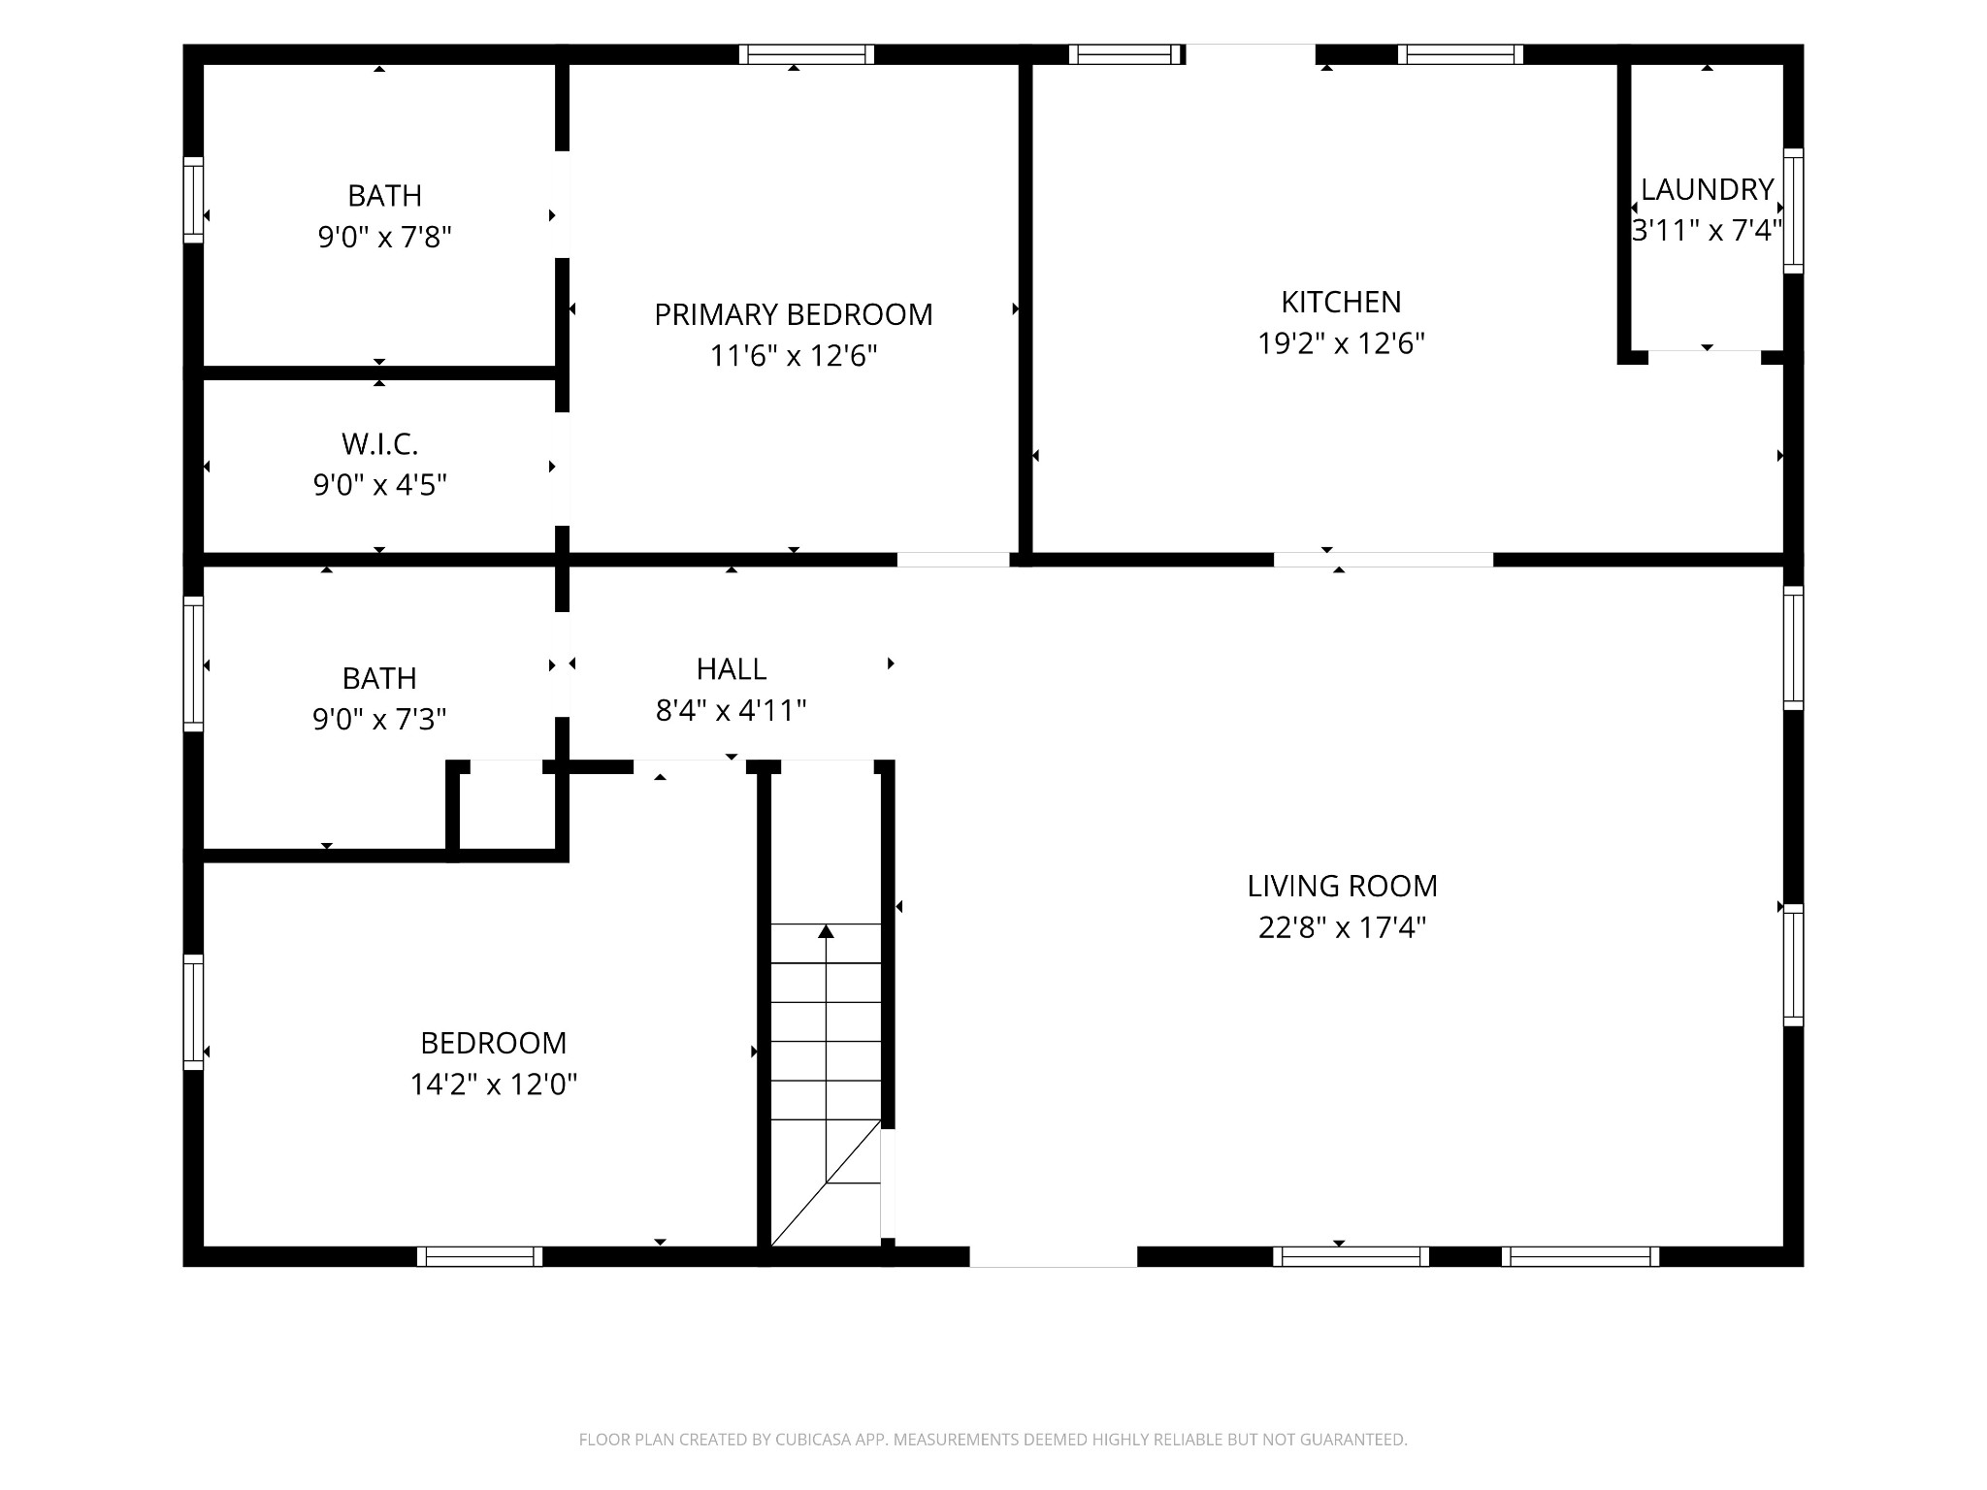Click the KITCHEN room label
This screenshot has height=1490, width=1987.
1341,302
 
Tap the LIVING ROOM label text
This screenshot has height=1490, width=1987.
1342,886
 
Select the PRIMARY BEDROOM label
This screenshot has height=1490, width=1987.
793,314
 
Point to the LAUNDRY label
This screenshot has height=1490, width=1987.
1707,189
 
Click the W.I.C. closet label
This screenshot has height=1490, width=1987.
379,444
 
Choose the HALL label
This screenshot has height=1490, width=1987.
732,668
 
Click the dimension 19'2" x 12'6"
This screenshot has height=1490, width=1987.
1341,343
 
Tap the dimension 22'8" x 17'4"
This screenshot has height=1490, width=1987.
1342,927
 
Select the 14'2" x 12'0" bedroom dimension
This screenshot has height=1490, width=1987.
493,1084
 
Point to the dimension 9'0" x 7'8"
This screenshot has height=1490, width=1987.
384,237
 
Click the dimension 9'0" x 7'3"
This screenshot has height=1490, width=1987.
379,719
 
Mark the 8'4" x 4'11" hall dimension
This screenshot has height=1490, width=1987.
732,711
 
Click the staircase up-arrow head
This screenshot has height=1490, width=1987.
826,931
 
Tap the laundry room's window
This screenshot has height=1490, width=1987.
1793,211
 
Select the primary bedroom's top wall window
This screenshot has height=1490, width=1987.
806,54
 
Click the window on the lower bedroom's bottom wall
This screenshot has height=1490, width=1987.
479,1256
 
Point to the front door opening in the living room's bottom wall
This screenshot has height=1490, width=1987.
1053,1256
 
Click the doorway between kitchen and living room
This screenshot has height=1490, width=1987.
1383,560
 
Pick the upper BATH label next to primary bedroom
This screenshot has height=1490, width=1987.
384,195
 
